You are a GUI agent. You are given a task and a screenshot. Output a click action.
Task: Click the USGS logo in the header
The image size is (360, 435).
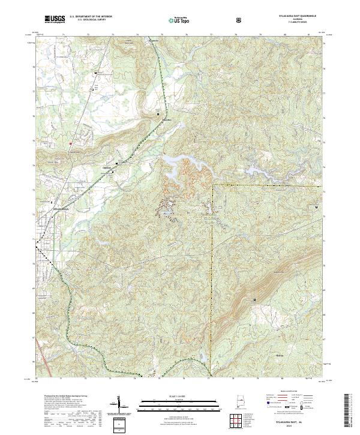[x=55, y=19]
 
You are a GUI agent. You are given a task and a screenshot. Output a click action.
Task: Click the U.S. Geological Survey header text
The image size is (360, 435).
[x=91, y=19]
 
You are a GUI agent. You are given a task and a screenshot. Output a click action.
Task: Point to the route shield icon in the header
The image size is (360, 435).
[x=239, y=19]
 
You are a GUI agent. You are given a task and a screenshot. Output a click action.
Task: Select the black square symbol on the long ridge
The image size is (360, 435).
[x=254, y=299]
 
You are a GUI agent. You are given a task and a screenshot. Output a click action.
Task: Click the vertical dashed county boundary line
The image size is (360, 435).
[x=214, y=270]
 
